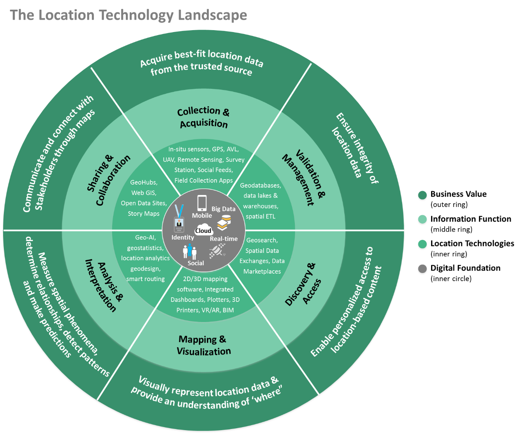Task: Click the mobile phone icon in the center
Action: point(202,203)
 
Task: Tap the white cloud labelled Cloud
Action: point(203,230)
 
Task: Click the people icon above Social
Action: point(190,251)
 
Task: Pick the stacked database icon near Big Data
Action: point(224,223)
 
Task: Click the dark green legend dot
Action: point(423,196)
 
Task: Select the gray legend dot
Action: point(423,269)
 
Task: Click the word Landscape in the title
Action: point(212,15)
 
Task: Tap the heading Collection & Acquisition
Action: point(203,117)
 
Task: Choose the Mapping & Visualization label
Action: point(203,345)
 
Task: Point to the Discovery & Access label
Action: point(303,284)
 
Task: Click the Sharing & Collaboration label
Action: point(108,180)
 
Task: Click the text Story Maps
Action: point(144,214)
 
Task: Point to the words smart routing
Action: point(145,279)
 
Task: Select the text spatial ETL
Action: point(260,216)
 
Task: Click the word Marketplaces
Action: point(262,271)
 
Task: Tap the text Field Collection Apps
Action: point(203,180)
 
